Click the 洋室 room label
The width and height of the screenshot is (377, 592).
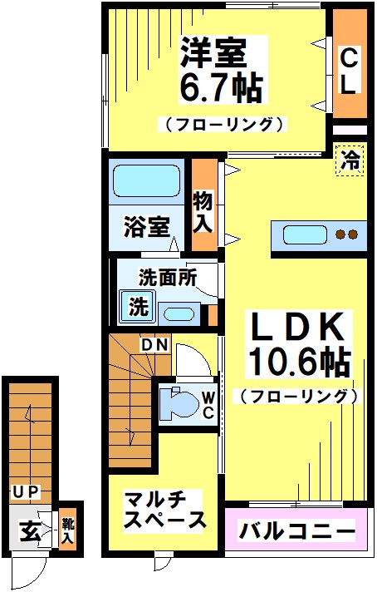point(213,54)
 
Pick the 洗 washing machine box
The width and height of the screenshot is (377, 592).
point(138,306)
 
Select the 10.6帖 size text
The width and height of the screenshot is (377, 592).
point(296,363)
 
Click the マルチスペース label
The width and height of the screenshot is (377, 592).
point(164,510)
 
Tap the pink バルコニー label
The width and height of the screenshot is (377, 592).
point(296,530)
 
